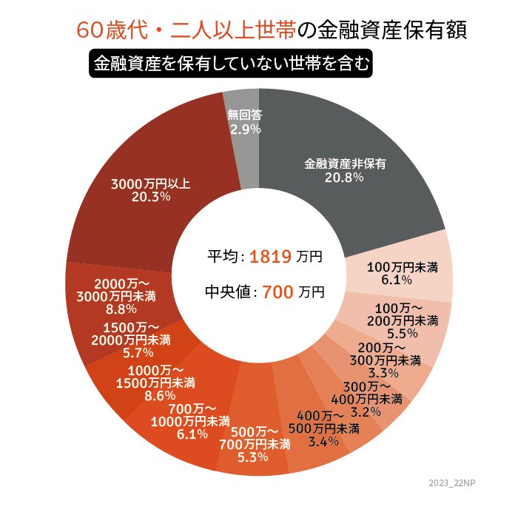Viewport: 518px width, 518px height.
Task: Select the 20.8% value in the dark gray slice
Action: [344, 178]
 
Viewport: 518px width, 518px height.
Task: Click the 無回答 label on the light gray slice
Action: [245, 115]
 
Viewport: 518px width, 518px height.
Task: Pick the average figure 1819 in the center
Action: [270, 257]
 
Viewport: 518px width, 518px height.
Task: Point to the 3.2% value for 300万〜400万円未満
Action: [366, 411]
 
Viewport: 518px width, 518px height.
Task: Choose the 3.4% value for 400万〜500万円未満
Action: [323, 442]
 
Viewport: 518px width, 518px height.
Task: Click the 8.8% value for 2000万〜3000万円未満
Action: [121, 309]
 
